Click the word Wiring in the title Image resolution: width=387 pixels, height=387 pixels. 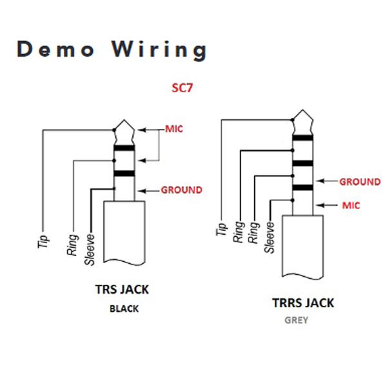pos(160,50)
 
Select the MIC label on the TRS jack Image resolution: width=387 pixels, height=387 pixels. pos(174,129)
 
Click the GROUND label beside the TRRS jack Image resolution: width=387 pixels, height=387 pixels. pos(360,182)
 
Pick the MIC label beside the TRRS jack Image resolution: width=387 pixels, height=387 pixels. pos(351,205)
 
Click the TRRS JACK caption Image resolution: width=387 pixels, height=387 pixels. pos(303,303)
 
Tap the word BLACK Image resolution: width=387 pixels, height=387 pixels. pos(124,309)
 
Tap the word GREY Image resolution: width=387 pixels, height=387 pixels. pos(296,321)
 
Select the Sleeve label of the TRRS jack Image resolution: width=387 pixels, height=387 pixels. pos(270,237)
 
